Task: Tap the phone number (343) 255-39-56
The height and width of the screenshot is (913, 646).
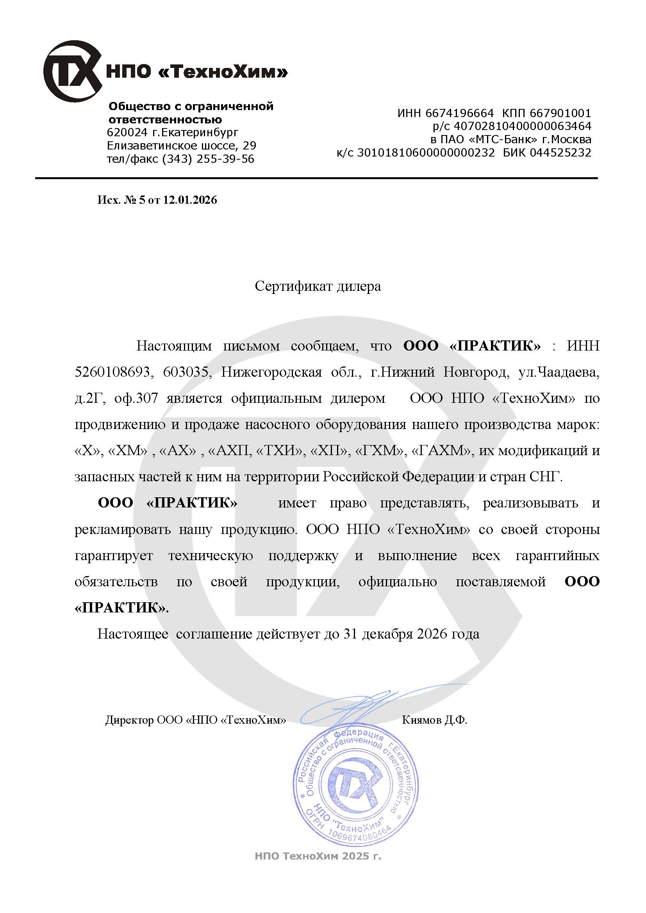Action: point(208,159)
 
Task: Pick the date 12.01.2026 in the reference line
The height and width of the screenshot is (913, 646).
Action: point(190,199)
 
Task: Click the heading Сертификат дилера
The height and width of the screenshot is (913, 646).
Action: point(318,286)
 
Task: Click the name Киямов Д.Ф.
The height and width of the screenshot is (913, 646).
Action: point(434,720)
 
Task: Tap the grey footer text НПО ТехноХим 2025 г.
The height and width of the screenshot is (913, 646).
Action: point(318,856)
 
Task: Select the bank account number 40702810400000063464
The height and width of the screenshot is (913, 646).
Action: point(522,126)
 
